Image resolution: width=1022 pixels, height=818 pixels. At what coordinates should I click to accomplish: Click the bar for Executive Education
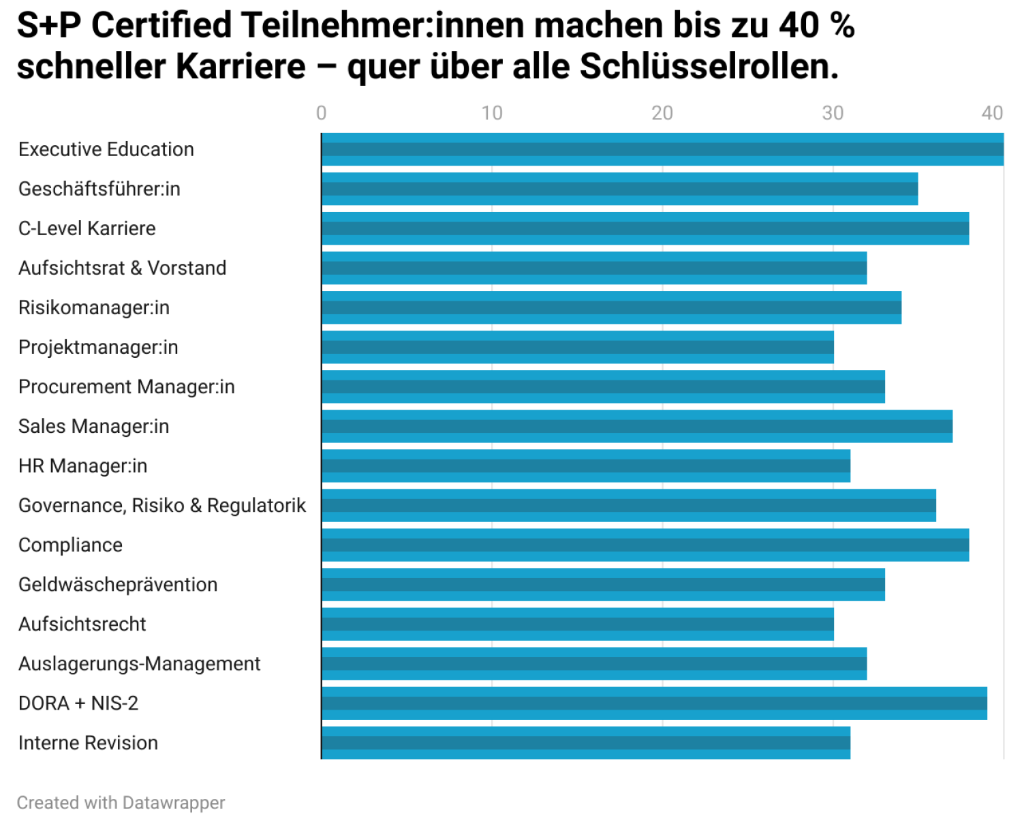662,149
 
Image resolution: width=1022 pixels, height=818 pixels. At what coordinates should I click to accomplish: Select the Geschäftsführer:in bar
620,189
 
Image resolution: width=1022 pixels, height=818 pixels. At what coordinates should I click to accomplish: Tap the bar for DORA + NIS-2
654,703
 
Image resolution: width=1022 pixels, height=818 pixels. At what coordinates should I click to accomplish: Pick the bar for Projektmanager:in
578,347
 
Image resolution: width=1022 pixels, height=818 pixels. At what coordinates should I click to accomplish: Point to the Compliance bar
645,545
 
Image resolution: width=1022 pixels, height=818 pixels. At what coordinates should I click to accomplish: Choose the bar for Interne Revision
586,743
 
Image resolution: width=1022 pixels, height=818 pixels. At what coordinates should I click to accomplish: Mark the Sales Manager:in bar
637,426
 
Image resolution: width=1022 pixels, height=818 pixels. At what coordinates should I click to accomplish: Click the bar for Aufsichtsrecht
578,624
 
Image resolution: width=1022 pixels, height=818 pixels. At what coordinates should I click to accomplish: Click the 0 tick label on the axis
322,113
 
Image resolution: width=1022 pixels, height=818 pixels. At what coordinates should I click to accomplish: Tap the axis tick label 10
492,113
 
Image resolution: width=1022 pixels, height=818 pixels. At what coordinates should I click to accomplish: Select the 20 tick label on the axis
662,113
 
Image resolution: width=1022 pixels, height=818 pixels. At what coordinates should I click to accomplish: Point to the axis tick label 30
833,113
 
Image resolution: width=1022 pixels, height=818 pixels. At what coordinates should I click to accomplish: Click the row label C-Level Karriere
87,228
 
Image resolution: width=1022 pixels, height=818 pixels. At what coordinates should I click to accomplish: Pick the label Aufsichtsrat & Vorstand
123,268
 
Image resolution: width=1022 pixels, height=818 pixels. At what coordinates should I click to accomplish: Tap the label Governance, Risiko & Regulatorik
162,506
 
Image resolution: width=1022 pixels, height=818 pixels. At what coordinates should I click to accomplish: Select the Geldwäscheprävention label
118,585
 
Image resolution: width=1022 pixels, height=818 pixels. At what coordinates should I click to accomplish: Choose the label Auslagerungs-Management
140,664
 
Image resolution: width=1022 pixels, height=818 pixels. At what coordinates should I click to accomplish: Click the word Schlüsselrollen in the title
709,67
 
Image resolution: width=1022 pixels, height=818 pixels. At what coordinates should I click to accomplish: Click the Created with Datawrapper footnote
121,803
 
